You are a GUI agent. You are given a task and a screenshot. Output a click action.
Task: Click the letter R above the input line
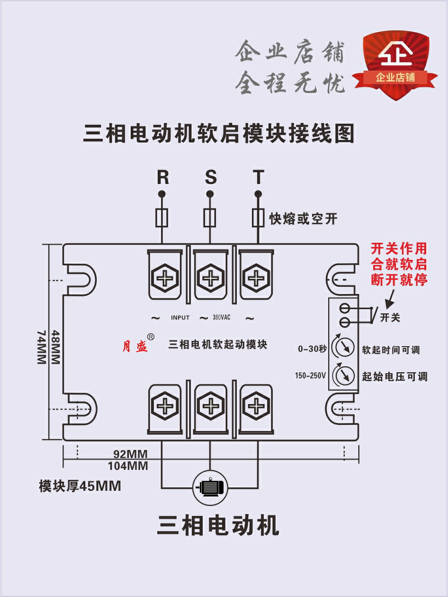pos(162,177)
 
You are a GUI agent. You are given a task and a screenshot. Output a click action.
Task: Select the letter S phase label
pos(210,177)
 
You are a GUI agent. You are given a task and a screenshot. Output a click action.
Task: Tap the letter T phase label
pos(258,177)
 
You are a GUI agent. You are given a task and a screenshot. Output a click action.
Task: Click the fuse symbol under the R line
pos(162,218)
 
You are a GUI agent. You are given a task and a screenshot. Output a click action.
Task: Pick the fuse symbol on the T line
pos(258,218)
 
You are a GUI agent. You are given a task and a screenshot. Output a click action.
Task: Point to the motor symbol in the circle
pos(210,487)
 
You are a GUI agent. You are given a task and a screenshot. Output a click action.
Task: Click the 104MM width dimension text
pos(128,466)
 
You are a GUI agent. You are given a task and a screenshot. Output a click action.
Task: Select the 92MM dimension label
pos(131,454)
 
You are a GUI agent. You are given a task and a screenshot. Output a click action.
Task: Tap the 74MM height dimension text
pos(42,348)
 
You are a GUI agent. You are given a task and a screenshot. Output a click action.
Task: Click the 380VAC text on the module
pos(221,318)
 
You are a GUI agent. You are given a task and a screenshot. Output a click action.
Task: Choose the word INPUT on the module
pos(180,318)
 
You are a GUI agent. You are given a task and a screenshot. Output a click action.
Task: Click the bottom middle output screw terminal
pos(210,407)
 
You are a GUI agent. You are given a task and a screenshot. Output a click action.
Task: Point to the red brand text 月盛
pos(135,347)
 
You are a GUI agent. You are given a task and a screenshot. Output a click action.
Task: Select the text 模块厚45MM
pos(80,486)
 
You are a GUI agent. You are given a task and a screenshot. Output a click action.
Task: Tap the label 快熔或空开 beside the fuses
pos(303,219)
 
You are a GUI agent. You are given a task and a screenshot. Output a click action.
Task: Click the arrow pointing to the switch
pos(391,298)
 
